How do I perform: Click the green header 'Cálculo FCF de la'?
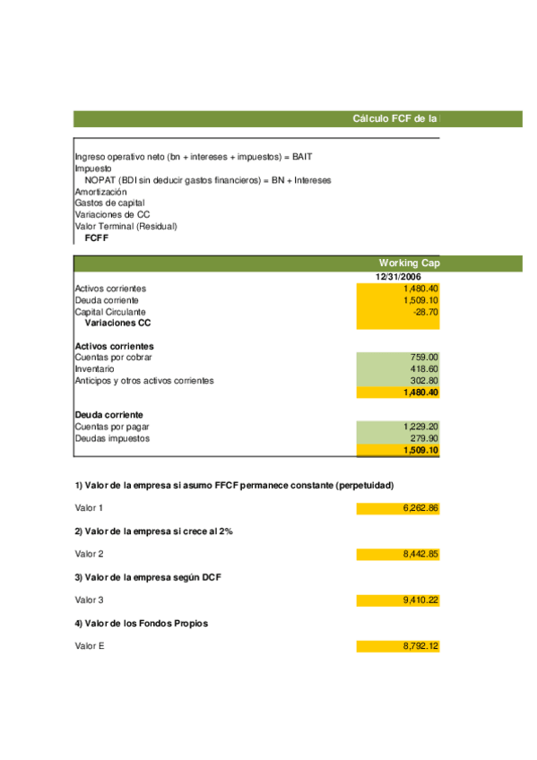tap(395, 118)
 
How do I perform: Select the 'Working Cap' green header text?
tap(409, 263)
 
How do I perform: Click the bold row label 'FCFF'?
tap(96, 238)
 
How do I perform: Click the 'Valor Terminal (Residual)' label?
tap(126, 227)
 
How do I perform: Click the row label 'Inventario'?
tap(94, 369)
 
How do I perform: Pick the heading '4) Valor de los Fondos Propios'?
tap(142, 624)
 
